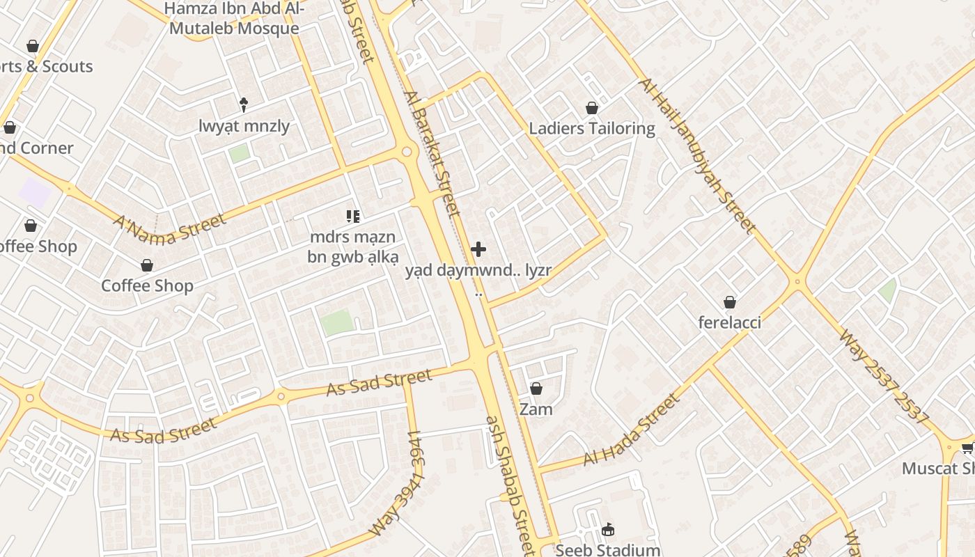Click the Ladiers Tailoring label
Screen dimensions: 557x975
tap(592, 128)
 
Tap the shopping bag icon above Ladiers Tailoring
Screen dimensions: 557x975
tap(592, 108)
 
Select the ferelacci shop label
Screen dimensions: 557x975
tap(730, 322)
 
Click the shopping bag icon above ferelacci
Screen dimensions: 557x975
tap(730, 302)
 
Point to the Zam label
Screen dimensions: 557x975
tap(536, 409)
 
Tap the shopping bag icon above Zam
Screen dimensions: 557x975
tap(536, 389)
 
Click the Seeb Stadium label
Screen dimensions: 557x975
tap(608, 550)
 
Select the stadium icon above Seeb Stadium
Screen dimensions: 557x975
tap(608, 530)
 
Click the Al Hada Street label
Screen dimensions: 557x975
tap(631, 430)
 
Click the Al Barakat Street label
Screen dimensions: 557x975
tap(432, 154)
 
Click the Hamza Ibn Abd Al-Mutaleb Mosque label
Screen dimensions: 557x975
tap(234, 19)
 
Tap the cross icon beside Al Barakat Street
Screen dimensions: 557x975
tap(478, 249)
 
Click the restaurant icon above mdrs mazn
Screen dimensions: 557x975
tap(353, 217)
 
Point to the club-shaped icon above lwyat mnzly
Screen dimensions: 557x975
tap(244, 105)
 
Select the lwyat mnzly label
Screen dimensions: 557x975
tap(244, 126)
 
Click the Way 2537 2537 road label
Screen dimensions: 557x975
tap(885, 377)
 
